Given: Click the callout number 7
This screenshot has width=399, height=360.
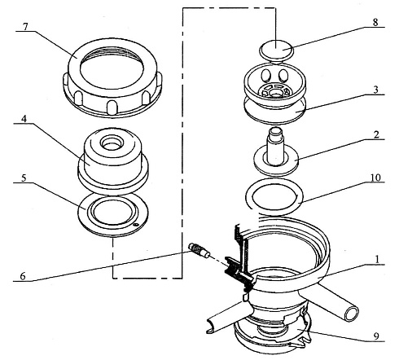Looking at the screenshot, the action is pos(25,27).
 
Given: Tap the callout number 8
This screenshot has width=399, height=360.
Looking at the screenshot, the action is pos(375,22).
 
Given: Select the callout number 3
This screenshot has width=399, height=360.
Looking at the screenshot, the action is pos(375,90).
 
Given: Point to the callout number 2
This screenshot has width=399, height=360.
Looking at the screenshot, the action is pos(376,134).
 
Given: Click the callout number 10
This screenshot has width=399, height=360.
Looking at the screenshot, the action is pos(375,178).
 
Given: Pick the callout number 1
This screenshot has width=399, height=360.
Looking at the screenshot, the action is pos(377,260).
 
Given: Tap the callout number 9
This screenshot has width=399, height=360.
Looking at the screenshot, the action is pos(376,336).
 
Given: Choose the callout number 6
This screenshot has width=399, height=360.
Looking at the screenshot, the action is pos(23,276).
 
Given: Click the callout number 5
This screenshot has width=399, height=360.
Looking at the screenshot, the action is pos(24,178).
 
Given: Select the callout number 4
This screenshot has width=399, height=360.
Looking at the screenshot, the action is pos(24,119).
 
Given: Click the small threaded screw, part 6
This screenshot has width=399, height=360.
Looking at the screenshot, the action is pos(199,250).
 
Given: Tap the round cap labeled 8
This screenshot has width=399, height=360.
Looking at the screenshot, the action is pos(276,51).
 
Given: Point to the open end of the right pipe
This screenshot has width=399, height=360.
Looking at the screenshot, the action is pos(351,314).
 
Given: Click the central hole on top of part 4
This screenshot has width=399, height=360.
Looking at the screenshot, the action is pos(111,143).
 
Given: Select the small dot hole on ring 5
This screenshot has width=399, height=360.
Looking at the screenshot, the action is pos(136,224).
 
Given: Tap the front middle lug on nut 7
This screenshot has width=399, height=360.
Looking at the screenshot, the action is pos(112,108).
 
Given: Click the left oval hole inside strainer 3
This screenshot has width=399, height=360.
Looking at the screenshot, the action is pos(265,75).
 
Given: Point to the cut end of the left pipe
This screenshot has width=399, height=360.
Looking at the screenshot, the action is pos(211,326).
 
